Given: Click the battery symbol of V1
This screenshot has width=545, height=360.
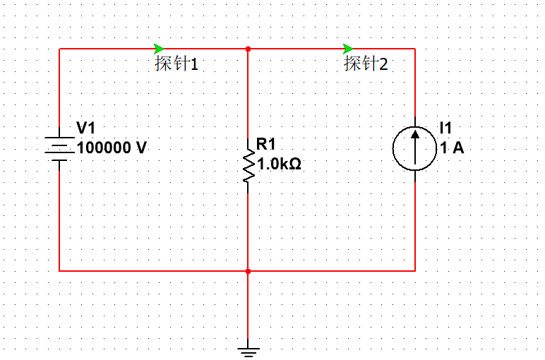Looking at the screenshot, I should pyautogui.click(x=60, y=148).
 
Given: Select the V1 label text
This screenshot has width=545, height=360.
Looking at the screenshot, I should pyautogui.click(x=85, y=128).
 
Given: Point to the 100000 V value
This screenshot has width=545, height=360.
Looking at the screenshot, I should pyautogui.click(x=112, y=148).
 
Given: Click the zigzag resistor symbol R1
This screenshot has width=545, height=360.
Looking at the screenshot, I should pyautogui.click(x=248, y=167).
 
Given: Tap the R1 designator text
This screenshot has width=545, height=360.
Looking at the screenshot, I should pyautogui.click(x=266, y=145).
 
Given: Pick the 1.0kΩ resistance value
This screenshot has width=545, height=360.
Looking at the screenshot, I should pyautogui.click(x=280, y=164).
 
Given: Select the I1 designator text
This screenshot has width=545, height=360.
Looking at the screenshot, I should pyautogui.click(x=445, y=128).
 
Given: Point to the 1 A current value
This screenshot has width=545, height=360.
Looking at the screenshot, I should pyautogui.click(x=452, y=148).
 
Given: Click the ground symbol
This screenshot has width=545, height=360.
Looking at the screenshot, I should pyautogui.click(x=248, y=349).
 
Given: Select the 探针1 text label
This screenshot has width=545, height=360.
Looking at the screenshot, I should pyautogui.click(x=176, y=64).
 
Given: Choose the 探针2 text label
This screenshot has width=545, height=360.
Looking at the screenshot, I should pyautogui.click(x=366, y=64).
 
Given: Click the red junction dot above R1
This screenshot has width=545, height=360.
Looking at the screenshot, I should pyautogui.click(x=248, y=49).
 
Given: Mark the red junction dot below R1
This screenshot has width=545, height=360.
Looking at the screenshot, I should pyautogui.click(x=248, y=270).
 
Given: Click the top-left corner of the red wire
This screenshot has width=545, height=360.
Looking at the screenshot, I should pyautogui.click(x=60, y=49).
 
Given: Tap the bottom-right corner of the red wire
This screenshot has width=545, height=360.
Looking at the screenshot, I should pyautogui.click(x=414, y=270).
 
